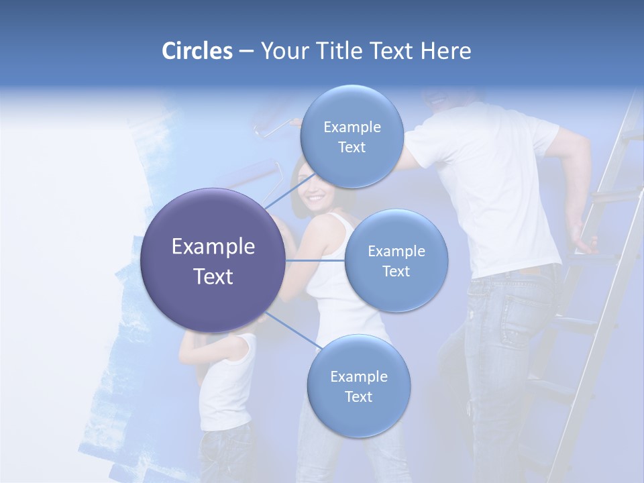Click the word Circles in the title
(197, 51)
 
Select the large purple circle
(213, 260)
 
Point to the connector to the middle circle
(315, 260)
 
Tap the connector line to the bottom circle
(292, 331)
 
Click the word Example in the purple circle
(213, 247)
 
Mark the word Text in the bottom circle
(358, 396)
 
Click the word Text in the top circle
(352, 147)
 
